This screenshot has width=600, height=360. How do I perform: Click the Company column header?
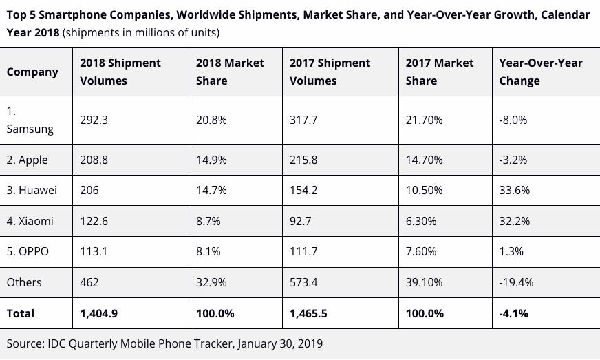[x=32, y=72]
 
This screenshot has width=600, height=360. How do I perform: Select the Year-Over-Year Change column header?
[x=540, y=72]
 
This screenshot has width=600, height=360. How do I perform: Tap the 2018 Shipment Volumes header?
[x=120, y=72]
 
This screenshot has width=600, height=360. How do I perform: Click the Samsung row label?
[x=30, y=120]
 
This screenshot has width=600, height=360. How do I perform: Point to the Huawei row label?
[x=32, y=190]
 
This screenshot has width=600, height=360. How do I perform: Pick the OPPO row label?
[x=28, y=251]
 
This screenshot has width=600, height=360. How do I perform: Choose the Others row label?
[x=24, y=282]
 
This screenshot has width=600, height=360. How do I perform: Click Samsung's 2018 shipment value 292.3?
[x=94, y=120]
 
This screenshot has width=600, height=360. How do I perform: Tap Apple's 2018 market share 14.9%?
[x=212, y=160]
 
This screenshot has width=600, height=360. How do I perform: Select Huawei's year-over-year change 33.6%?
[x=515, y=190]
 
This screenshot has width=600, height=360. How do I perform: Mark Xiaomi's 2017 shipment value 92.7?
[x=303, y=221]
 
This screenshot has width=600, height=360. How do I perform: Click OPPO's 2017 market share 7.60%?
[x=421, y=251]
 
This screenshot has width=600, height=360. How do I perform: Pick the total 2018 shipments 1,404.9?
[x=98, y=313]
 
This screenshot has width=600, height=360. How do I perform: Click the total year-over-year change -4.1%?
[x=513, y=313]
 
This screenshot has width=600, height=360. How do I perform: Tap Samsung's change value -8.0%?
[x=513, y=120]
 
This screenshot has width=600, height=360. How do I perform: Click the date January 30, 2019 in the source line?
[x=280, y=343]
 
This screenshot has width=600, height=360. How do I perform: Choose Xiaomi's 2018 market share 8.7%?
[x=208, y=221]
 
